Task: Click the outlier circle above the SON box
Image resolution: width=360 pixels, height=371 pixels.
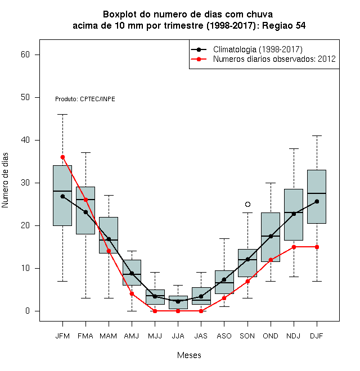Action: (247, 204)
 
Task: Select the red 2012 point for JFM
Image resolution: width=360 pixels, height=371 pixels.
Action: (62, 157)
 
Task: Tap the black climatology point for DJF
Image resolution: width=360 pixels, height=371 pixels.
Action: (317, 202)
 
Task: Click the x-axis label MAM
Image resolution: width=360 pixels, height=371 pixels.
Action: (109, 336)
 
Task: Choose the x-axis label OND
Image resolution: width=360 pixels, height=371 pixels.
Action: (271, 336)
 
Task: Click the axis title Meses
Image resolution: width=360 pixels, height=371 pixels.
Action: (189, 355)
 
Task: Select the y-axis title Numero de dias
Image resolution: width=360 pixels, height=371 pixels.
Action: (5, 180)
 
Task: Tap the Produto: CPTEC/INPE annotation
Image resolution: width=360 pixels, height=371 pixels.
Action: (85, 99)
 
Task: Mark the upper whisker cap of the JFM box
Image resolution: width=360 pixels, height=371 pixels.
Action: (62, 114)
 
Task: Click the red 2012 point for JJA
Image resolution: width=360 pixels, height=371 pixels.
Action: (178, 311)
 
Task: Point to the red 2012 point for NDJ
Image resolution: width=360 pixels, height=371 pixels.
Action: (294, 247)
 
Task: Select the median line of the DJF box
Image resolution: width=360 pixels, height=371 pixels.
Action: (317, 193)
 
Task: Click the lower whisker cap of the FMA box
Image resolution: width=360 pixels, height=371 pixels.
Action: (85, 298)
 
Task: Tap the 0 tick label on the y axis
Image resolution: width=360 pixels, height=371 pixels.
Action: (28, 311)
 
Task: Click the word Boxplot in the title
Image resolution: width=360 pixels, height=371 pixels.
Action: (120, 15)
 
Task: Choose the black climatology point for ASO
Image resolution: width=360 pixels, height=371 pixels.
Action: (224, 280)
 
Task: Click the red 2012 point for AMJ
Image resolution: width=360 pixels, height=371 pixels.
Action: (132, 294)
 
